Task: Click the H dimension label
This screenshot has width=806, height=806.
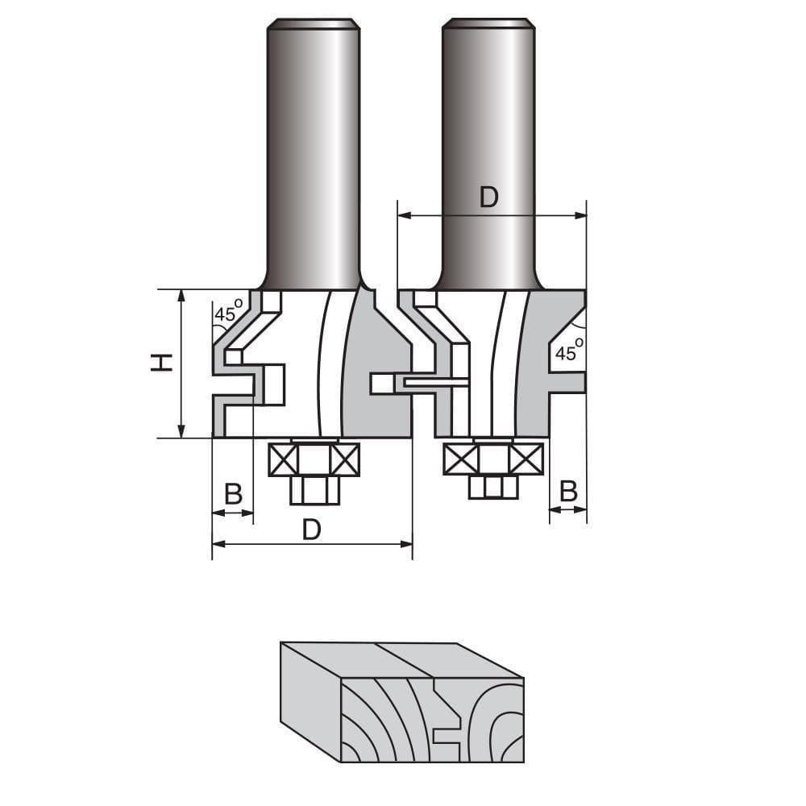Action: point(163,363)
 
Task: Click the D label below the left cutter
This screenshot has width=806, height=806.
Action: point(312,530)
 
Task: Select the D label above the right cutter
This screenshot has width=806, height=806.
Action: point(489,197)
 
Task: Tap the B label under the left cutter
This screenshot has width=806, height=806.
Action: point(233,494)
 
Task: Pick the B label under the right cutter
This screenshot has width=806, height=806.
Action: point(568,491)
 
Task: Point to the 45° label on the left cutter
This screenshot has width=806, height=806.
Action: point(227,314)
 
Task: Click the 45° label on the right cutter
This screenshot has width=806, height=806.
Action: point(569,352)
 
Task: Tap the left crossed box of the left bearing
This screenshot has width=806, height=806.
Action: point(282,459)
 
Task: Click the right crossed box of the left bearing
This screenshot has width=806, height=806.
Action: point(345,459)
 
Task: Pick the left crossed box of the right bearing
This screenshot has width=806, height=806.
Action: point(460,459)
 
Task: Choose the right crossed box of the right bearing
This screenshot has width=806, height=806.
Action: point(526,459)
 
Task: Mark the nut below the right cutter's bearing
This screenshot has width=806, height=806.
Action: point(492,486)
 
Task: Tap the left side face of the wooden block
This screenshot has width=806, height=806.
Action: point(310,701)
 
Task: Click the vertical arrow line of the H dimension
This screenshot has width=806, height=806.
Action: point(181,363)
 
